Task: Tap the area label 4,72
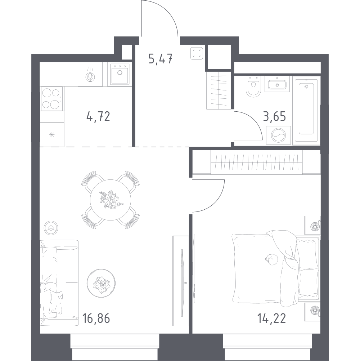98,116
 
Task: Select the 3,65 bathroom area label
275,116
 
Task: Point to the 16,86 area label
96,318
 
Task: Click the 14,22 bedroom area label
272,318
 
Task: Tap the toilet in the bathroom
253,86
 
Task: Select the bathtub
306,111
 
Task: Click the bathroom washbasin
277,84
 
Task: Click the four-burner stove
52,99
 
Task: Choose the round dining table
111,200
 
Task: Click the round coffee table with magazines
101,283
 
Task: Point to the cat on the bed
272,259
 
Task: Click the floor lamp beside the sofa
51,228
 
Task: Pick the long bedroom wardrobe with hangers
256,162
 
